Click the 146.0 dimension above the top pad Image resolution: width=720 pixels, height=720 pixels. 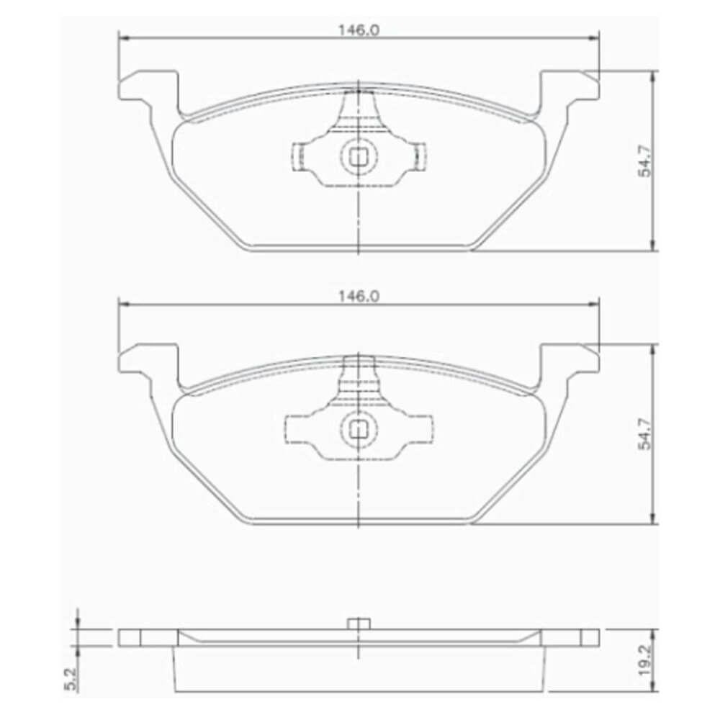(x=359, y=30)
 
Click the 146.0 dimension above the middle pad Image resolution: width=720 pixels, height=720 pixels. (x=359, y=297)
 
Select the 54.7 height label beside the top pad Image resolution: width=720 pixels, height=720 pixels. (x=645, y=160)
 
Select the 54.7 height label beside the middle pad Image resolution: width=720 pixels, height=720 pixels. (x=645, y=433)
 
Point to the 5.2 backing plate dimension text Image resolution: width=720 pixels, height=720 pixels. (x=71, y=680)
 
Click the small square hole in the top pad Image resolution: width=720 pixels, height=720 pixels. (x=358, y=157)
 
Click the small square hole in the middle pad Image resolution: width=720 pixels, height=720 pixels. (x=358, y=430)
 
